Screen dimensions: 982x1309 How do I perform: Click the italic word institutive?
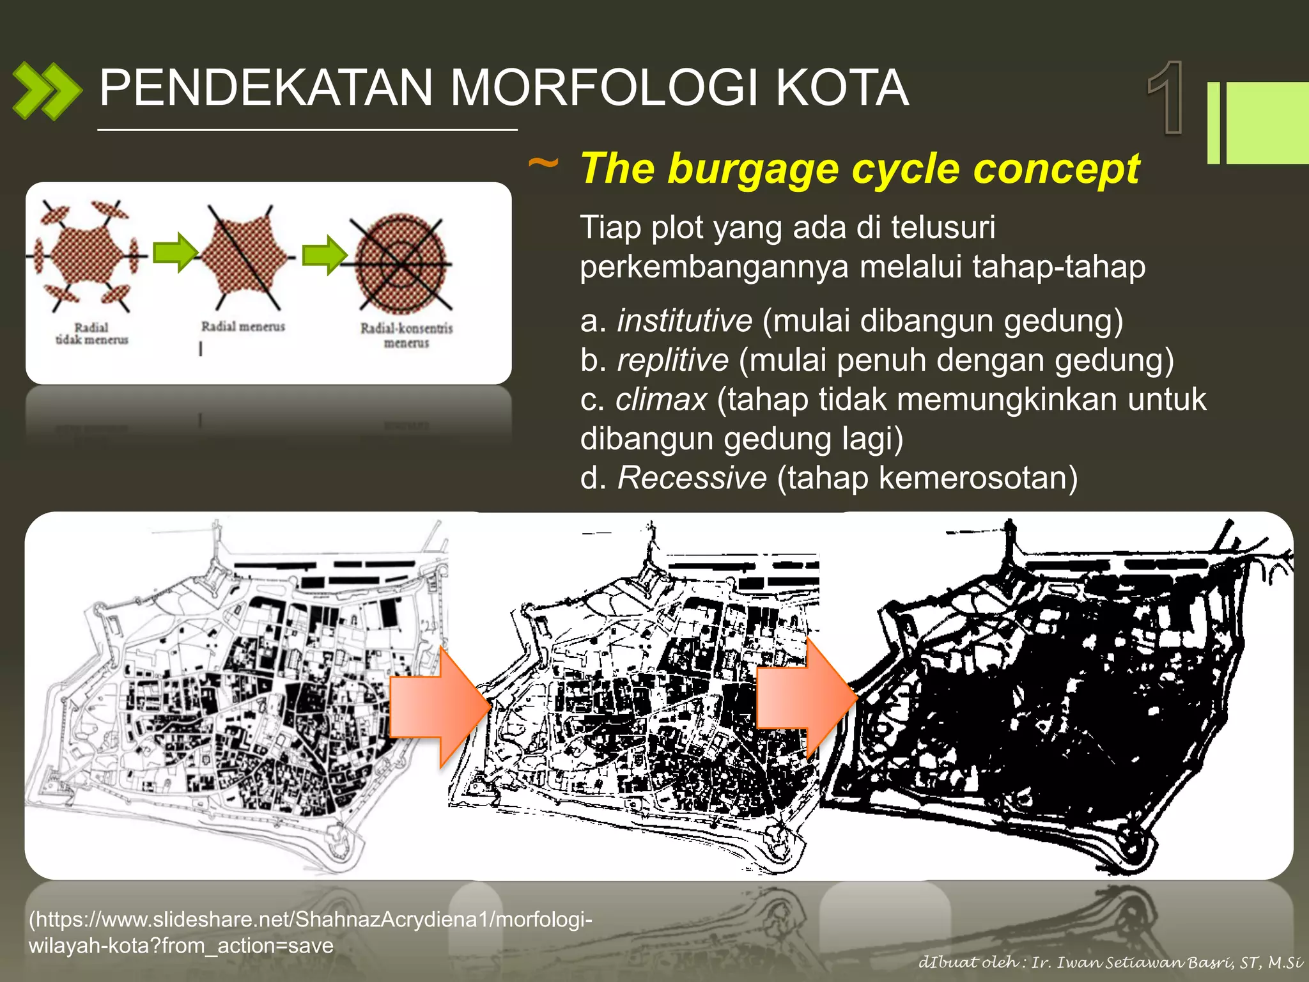coord(685,320)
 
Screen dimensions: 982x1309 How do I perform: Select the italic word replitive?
coord(672,360)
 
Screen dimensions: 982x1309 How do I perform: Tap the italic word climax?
coord(661,400)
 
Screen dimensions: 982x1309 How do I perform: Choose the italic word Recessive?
coord(692,478)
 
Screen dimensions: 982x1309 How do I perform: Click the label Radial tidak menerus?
coord(91,334)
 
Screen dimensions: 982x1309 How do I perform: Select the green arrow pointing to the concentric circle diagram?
coord(325,254)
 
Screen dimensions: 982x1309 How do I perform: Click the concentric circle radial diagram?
coord(401,262)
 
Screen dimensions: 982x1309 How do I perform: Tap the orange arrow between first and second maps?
coord(438,707)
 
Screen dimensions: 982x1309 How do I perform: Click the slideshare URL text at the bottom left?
coord(310,932)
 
